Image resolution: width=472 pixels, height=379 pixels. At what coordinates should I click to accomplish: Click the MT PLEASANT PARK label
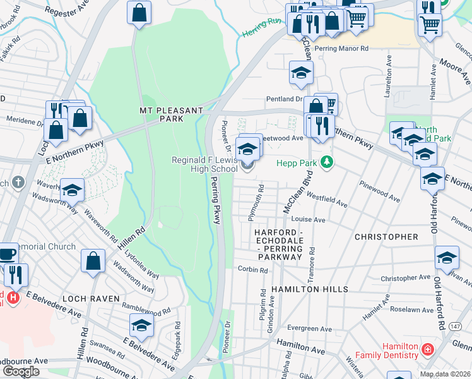(x=161, y=114)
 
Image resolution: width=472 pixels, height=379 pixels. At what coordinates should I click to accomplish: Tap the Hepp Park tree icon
(x=326, y=163)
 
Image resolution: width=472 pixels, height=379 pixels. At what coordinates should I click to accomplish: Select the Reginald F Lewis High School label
(x=204, y=164)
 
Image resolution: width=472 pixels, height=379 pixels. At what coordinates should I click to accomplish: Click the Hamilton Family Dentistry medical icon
(x=427, y=349)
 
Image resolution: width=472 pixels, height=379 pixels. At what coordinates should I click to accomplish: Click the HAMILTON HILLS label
(x=309, y=289)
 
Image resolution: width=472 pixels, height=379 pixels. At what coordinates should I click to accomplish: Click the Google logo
(x=21, y=371)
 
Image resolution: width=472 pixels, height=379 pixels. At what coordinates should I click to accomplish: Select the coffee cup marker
(x=8, y=255)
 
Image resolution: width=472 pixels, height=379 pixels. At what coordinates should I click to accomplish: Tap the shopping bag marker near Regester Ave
(x=139, y=11)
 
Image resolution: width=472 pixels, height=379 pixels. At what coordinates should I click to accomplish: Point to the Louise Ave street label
(x=308, y=220)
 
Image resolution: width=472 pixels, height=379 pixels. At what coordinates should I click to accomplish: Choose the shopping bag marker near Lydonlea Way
(x=93, y=260)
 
